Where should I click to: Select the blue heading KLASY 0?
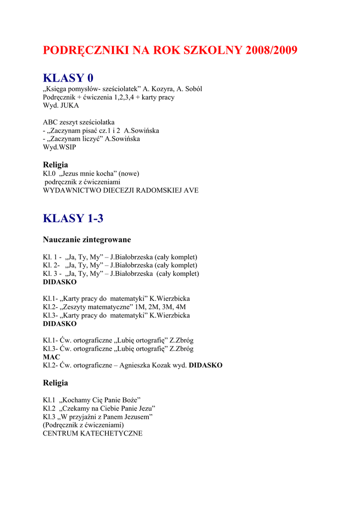[68, 78]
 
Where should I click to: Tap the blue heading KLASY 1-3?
[73, 218]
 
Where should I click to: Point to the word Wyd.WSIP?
[60, 147]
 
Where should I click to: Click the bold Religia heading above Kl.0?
[56, 165]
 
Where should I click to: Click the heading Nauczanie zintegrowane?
[87, 240]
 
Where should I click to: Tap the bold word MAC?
[51, 357]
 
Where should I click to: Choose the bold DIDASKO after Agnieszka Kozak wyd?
[206, 365]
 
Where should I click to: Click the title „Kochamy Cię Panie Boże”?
[99, 400]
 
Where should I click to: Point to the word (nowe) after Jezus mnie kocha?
[129, 173]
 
